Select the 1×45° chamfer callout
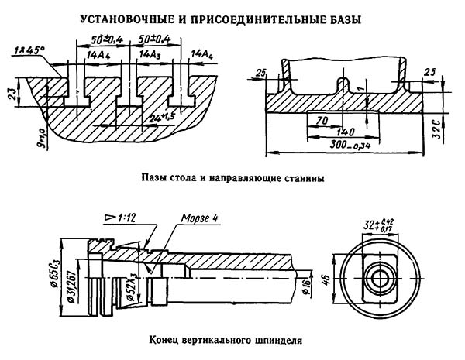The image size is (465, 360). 30,50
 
